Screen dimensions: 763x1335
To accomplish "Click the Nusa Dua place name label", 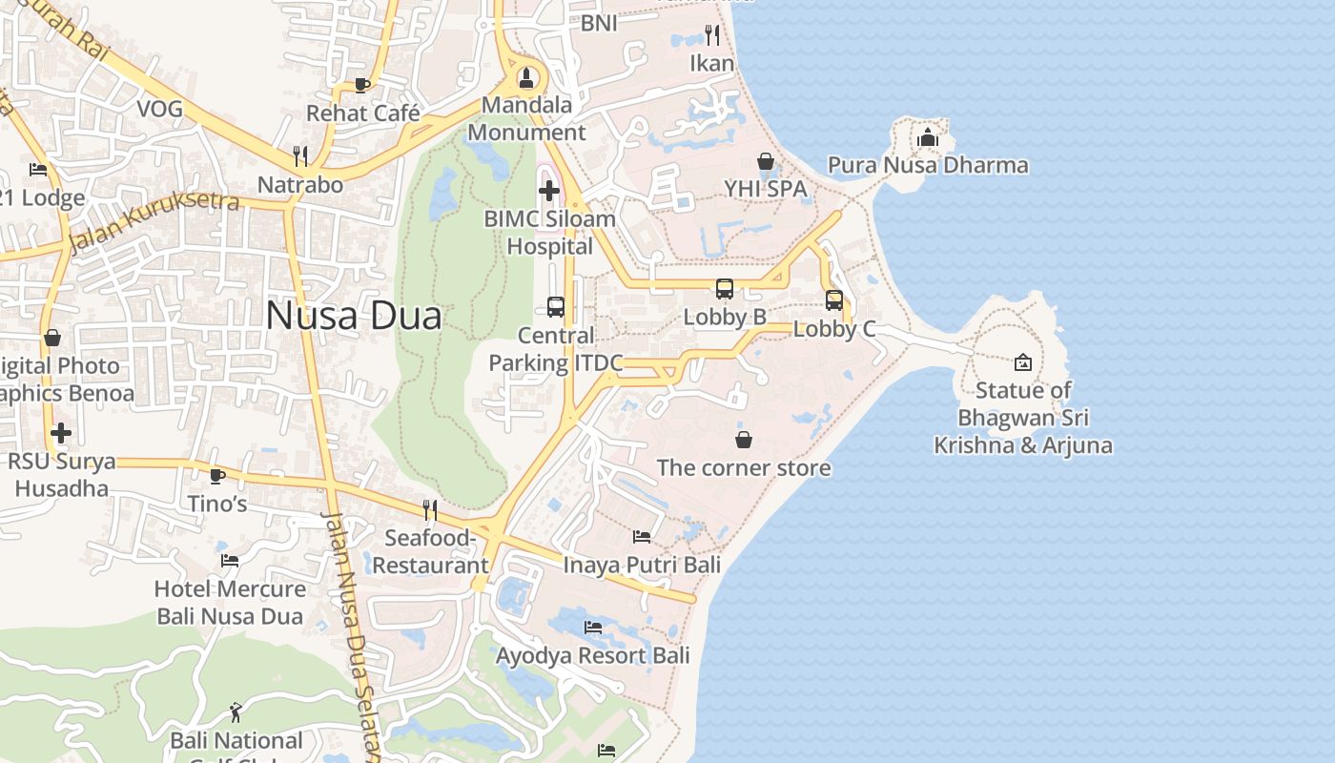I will pos(354,316).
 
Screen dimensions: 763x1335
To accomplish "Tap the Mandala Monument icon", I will pos(525,76).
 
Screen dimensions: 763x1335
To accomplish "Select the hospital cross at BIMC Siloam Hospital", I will pos(549,191).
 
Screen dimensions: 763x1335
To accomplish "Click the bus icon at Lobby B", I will pos(725,288).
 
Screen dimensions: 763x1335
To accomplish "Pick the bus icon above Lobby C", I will pos(834,300).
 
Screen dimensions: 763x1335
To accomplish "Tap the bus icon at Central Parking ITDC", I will pos(556,307).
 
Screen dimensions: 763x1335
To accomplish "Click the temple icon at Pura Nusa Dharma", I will pos(928,138).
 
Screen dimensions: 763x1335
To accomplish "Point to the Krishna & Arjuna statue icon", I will pos(1023,362).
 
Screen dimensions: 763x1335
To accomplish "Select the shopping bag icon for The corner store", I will pos(744,440).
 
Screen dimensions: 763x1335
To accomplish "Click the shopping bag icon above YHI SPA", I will pos(765,161).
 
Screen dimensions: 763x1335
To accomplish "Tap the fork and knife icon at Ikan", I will pos(712,35).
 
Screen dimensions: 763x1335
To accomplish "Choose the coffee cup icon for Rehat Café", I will pos(362,85).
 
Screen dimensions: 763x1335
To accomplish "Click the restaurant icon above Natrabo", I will pos(300,155).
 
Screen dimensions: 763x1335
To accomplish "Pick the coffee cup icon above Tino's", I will pos(217,475).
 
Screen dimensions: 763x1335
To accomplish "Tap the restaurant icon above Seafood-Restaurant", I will pos(430,510).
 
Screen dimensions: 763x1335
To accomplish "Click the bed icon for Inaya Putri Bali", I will pos(642,537).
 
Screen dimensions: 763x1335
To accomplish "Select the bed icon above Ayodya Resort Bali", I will pos(593,628).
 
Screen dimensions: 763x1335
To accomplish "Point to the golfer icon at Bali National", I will pos(236,711).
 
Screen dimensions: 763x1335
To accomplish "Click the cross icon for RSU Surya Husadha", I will pos(61,433).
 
